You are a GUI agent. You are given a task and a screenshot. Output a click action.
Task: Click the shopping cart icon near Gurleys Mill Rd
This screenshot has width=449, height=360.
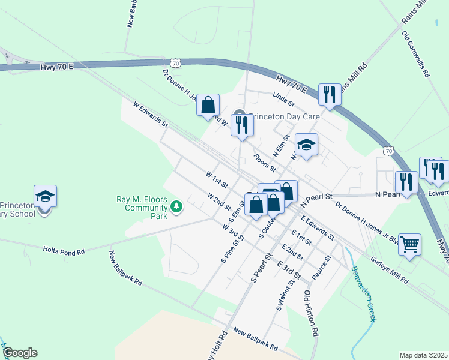pyautogui.click(x=410, y=244)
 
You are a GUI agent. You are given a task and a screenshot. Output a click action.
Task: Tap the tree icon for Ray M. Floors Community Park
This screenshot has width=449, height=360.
pyautogui.click(x=176, y=207)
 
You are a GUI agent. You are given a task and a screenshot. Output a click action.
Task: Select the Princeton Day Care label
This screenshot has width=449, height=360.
pyautogui.click(x=285, y=117)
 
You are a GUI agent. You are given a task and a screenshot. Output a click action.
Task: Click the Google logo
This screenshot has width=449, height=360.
pyautogui.click(x=20, y=353)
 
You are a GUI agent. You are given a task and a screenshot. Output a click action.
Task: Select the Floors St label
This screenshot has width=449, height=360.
pyautogui.click(x=264, y=162)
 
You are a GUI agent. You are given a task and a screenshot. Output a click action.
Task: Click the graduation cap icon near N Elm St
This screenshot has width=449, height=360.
pyautogui.click(x=306, y=144)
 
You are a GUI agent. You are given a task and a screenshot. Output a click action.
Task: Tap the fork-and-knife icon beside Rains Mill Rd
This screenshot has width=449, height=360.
pyautogui.click(x=330, y=94)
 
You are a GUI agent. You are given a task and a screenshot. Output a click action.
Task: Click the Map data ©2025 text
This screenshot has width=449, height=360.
pyautogui.click(x=423, y=355)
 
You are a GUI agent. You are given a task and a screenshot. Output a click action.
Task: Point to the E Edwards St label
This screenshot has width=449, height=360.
pyautogui.click(x=318, y=226)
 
